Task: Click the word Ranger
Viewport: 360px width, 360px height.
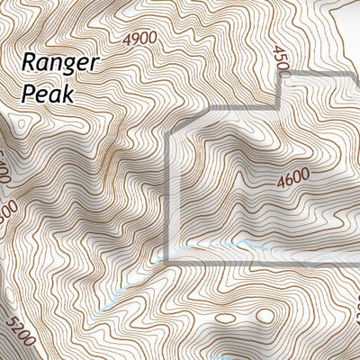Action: pos(60,64)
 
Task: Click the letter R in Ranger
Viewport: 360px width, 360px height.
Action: pos(29,62)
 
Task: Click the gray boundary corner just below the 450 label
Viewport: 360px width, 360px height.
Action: pos(282,76)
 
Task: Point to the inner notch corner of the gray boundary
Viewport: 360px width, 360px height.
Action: pos(282,111)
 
